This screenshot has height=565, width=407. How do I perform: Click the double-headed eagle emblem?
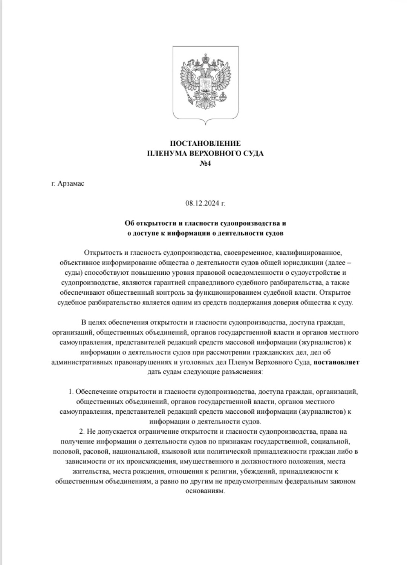tap(205, 81)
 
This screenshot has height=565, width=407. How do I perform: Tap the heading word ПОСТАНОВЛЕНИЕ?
tap(205, 143)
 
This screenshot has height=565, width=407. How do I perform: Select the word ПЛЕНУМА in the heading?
tap(168, 153)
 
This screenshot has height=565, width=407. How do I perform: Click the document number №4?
tap(205, 163)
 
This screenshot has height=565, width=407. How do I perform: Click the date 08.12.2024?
tap(203, 204)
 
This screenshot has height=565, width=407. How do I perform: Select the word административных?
tap(83, 362)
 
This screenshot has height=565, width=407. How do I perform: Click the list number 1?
tap(70, 392)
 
